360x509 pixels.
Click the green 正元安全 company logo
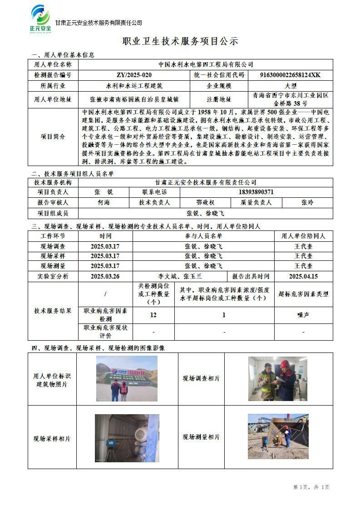tap(40, 19)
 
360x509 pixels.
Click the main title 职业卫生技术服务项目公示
tap(180, 41)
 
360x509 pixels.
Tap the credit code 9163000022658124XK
tap(291, 75)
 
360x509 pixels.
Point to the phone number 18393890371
tap(256, 192)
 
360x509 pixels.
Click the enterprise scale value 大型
tap(291, 85)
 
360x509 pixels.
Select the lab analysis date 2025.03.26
tap(105, 276)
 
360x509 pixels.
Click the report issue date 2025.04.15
tap(303, 276)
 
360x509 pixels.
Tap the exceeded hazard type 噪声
tap(303, 315)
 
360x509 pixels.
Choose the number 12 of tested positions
tap(153, 315)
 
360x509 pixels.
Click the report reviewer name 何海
tap(104, 203)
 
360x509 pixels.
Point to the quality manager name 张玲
tap(307, 203)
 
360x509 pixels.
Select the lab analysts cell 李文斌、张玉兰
tap(180, 276)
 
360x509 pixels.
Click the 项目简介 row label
tap(53, 137)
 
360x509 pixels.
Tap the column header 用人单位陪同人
tap(303, 236)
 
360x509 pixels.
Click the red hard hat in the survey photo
tap(285, 364)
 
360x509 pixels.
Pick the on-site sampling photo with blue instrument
tap(127, 438)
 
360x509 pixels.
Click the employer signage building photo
tap(127, 378)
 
